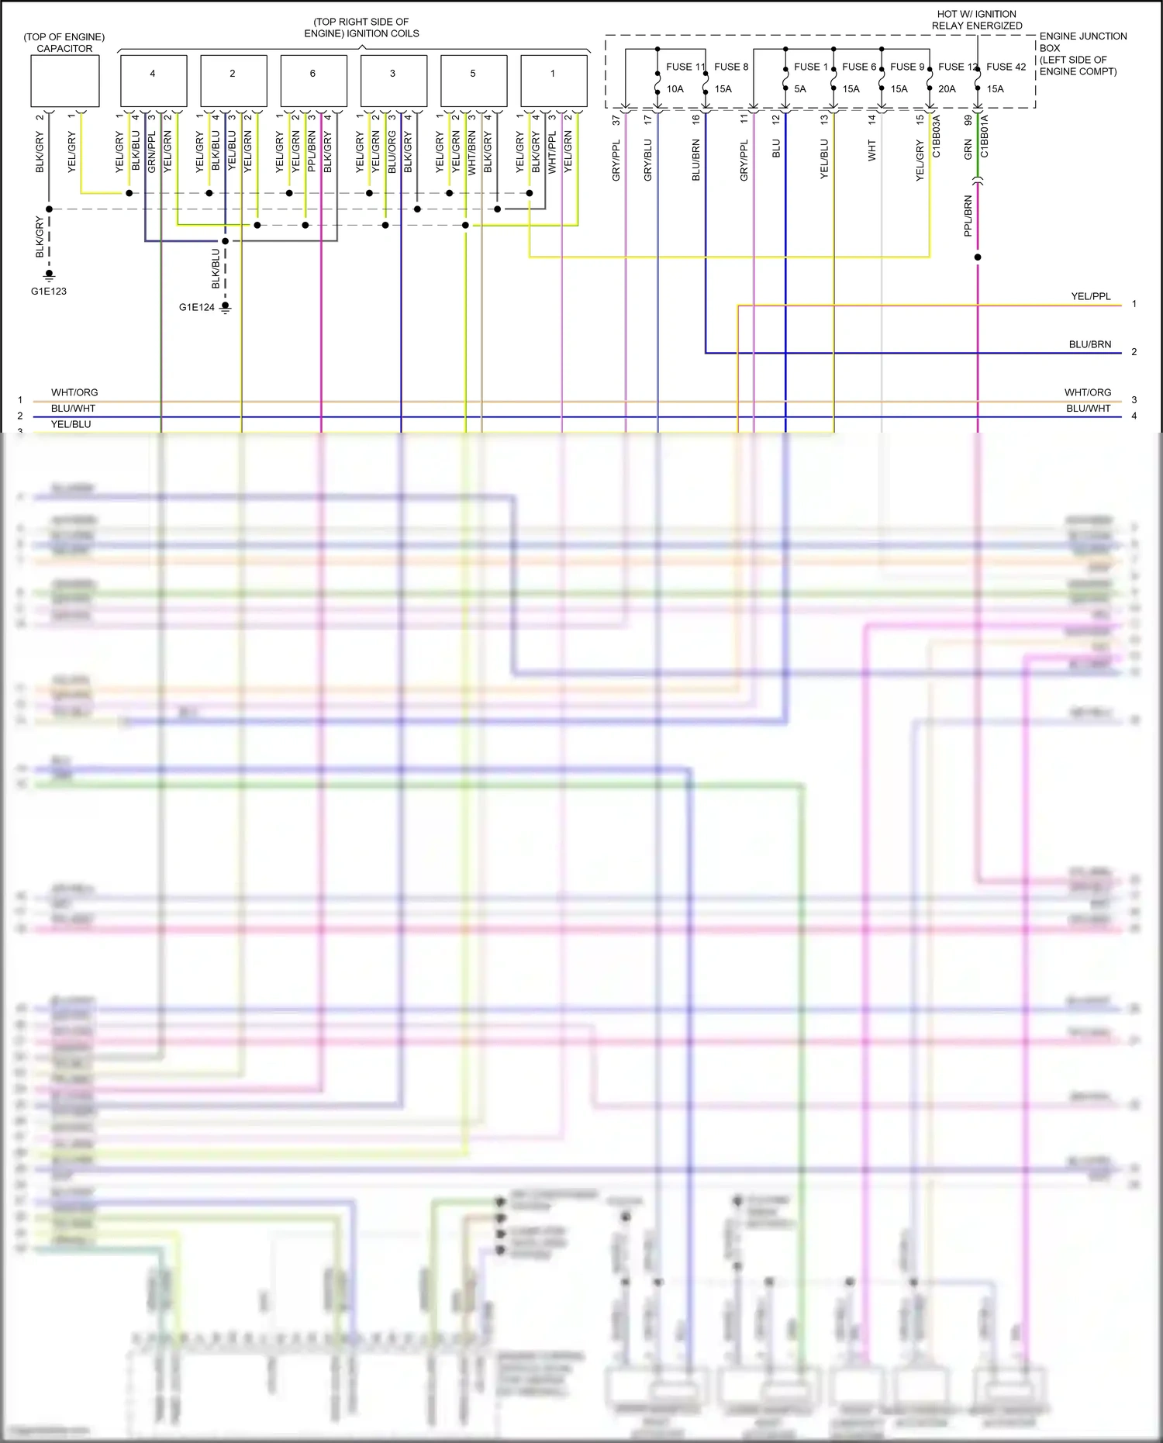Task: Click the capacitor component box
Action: tap(65, 81)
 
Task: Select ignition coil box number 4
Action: tap(154, 81)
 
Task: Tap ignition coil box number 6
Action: tap(313, 81)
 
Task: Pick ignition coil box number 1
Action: tap(554, 81)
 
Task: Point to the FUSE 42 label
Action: tap(1006, 67)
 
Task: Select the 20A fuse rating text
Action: tap(947, 89)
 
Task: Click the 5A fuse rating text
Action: tap(800, 89)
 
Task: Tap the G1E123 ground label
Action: tap(49, 292)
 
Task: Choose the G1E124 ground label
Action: tap(197, 307)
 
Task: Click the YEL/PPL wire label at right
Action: tap(1091, 296)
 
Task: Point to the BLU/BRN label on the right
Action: tap(1090, 344)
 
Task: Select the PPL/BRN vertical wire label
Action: tap(968, 216)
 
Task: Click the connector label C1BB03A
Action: tap(937, 136)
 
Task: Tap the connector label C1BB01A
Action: tap(985, 136)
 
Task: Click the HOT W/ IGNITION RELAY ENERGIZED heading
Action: tap(977, 19)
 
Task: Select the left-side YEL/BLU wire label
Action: tap(71, 424)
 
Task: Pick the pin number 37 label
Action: tap(616, 120)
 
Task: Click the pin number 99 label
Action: tap(968, 120)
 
